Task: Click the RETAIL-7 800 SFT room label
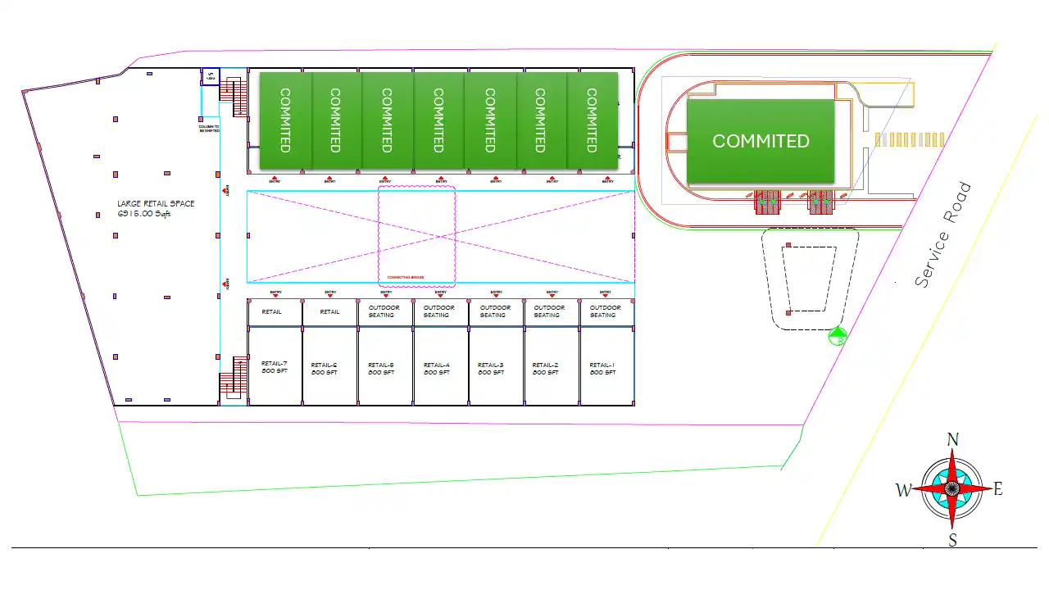click(274, 368)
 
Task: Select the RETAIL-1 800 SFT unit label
click(602, 369)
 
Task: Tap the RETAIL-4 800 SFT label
click(436, 369)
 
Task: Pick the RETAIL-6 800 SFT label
click(324, 369)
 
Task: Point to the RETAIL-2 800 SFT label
click(545, 369)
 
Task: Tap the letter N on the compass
click(952, 440)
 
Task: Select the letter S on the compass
click(952, 539)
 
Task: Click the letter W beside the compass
click(903, 491)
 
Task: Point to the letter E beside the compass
click(998, 490)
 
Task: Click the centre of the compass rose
click(952, 488)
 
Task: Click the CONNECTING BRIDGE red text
click(406, 278)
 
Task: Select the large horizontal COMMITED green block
click(761, 141)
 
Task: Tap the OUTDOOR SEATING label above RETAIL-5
click(381, 311)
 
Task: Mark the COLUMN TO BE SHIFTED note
click(209, 129)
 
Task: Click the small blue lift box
click(211, 76)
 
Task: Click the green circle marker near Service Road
click(837, 336)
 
